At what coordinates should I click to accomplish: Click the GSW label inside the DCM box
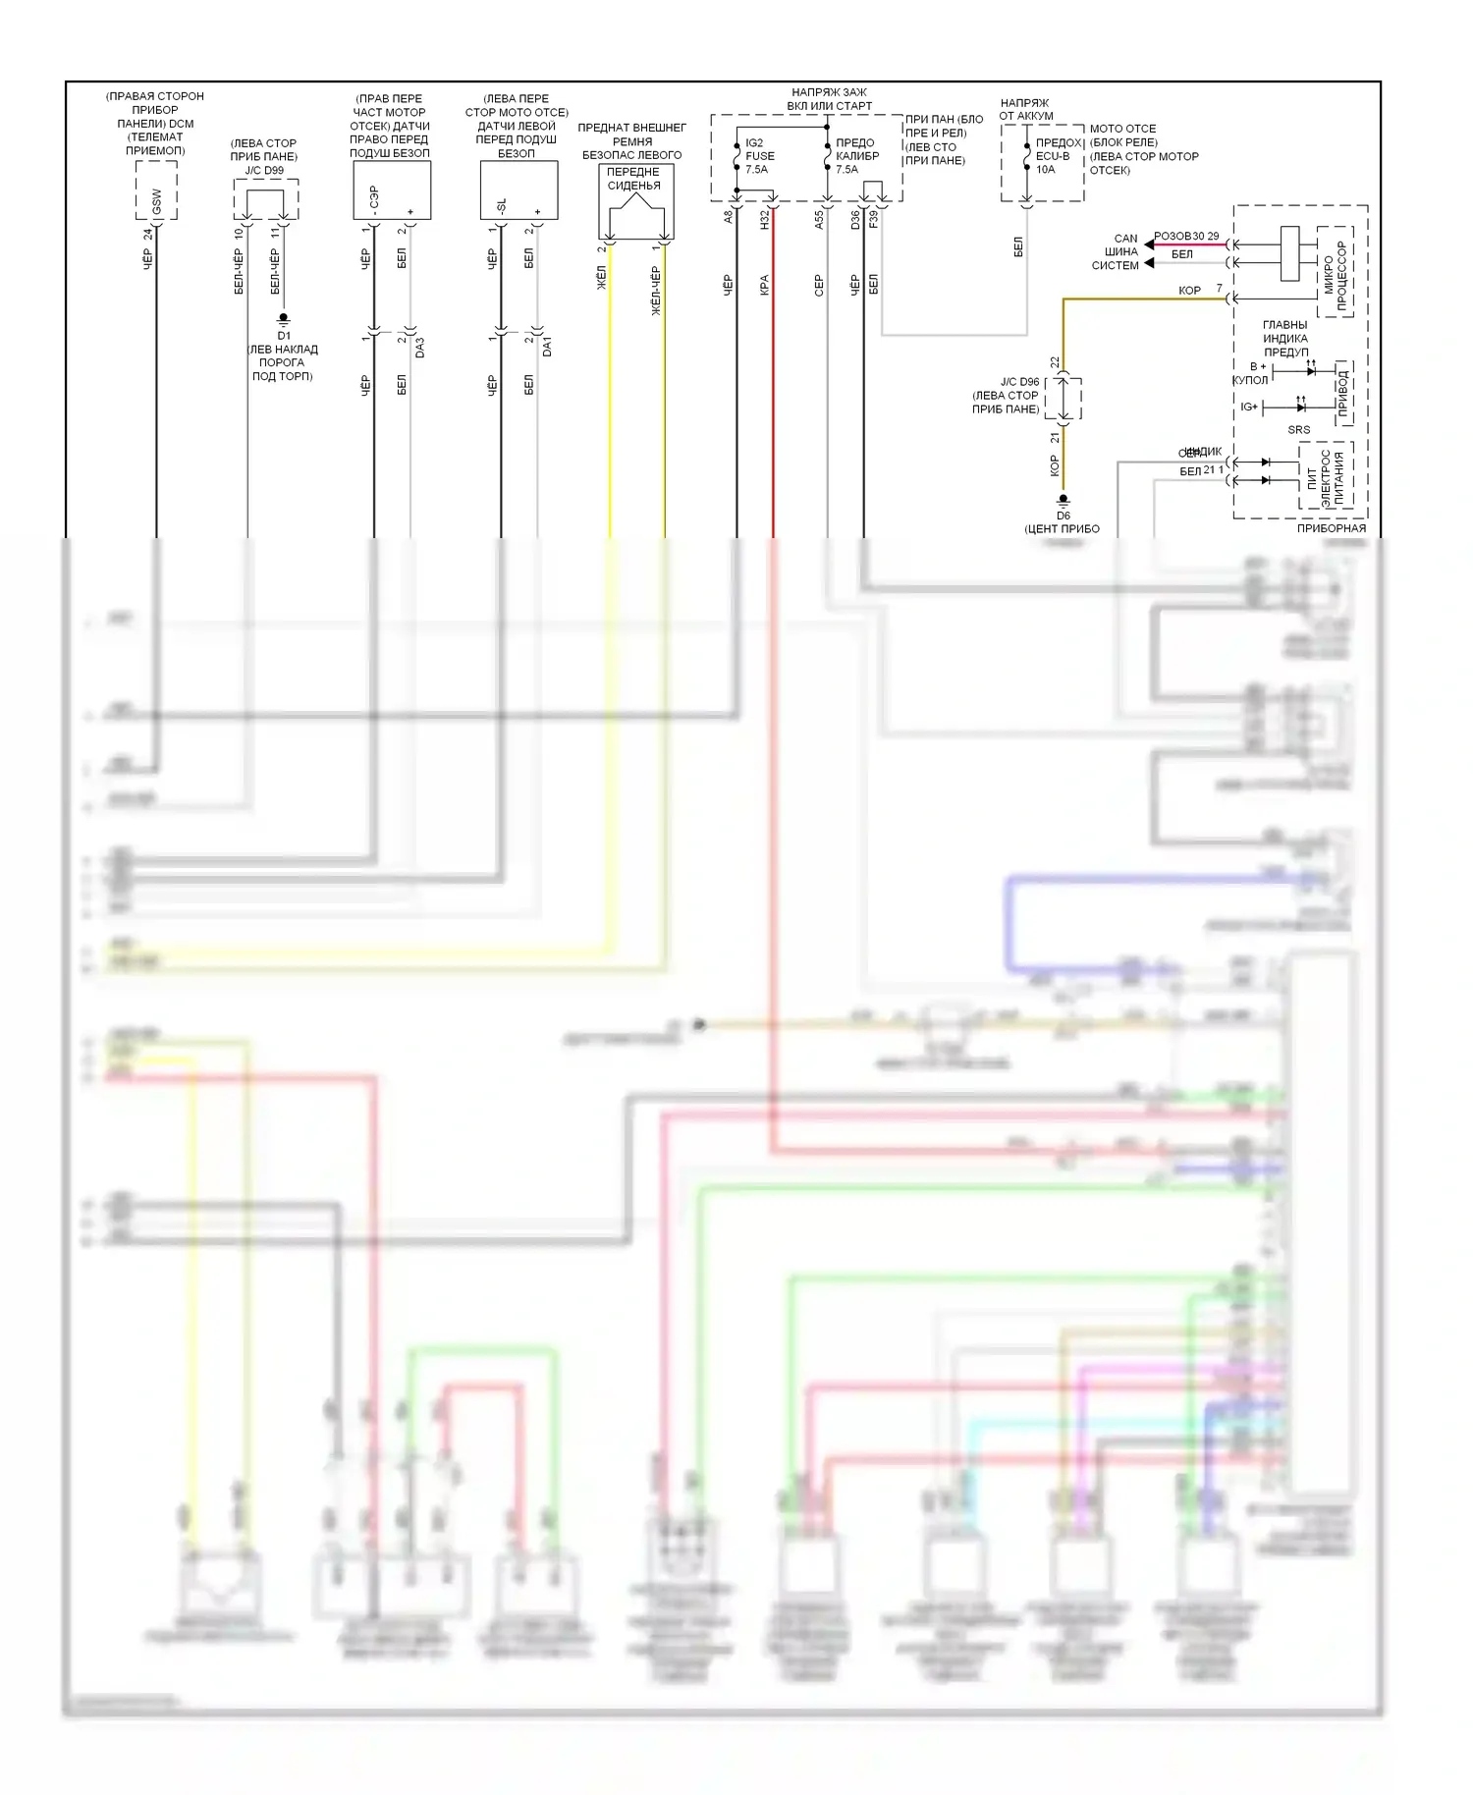[156, 202]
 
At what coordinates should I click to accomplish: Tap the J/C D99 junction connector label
[264, 170]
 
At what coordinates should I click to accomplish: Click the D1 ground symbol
[284, 319]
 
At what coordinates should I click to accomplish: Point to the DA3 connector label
[420, 347]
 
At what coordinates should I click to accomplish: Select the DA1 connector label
[547, 347]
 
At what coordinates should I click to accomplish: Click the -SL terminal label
[501, 207]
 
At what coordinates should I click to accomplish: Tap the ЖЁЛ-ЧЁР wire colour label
[655, 291]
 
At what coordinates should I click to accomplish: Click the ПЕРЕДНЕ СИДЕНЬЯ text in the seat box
[633, 179]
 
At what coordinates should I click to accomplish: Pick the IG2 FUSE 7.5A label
[759, 156]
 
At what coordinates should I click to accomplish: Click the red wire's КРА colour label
[764, 285]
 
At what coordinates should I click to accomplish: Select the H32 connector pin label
[764, 219]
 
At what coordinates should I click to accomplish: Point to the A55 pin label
[819, 219]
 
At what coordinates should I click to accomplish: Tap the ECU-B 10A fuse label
[1052, 162]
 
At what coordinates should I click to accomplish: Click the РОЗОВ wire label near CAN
[1172, 237]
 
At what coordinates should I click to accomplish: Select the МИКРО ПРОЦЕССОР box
[1335, 275]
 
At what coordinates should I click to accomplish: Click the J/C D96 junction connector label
[1019, 382]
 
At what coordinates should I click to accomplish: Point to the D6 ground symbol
[1063, 501]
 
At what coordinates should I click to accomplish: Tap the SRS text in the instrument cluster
[1298, 430]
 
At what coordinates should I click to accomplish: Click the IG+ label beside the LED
[1249, 407]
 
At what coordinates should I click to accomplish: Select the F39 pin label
[873, 219]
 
